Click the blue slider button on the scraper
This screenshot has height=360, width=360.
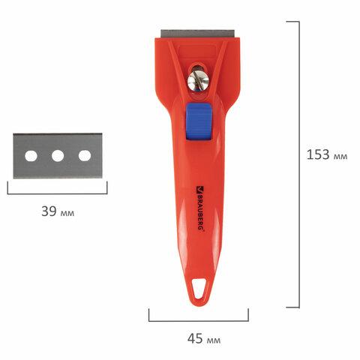point(199,121)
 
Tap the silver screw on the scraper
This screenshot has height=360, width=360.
point(198,80)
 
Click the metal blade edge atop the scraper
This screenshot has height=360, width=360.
point(198,34)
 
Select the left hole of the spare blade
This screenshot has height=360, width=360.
point(31,156)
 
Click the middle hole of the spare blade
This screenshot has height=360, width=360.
point(58,156)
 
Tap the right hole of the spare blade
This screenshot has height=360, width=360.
point(85,155)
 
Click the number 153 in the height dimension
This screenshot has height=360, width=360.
point(318,154)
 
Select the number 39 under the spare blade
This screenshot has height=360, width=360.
point(49,211)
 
